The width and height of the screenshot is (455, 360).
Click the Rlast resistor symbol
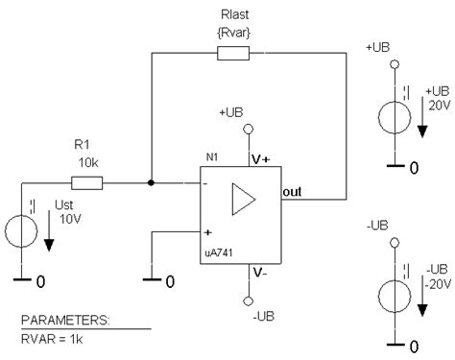233,53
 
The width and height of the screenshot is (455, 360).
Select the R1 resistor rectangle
86,183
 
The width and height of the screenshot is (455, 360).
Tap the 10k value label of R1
88,163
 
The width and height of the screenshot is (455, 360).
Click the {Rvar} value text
234,33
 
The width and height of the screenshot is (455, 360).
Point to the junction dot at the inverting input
151,182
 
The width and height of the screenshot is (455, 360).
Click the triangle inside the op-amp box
243,200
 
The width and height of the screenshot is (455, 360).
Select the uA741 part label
219,252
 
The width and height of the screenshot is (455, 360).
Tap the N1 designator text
212,157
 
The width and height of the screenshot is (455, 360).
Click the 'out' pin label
292,192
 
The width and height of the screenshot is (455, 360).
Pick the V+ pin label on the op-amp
261,159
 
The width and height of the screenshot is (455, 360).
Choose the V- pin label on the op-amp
260,273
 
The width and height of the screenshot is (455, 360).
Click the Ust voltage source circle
21,231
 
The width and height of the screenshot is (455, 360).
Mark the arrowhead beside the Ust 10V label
49,246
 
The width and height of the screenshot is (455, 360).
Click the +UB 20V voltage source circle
395,117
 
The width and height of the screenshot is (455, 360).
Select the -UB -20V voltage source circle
395,296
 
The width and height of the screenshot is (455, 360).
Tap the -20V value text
438,284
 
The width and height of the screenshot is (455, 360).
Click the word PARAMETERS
65,320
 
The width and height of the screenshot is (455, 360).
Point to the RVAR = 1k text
52,339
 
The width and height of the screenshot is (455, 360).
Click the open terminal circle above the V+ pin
249,129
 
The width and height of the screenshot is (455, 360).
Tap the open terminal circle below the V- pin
249,301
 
